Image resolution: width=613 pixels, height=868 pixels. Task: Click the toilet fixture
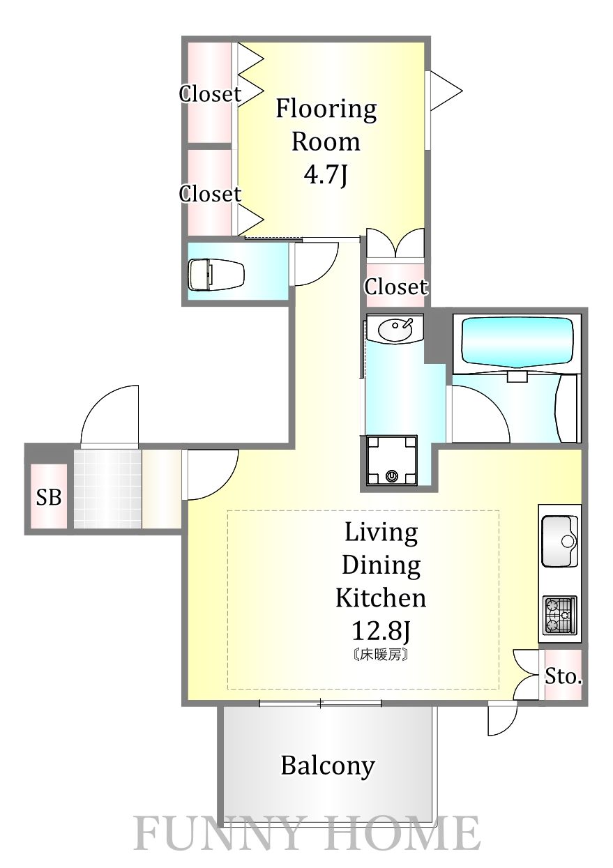216,275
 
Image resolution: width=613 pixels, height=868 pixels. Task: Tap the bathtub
517,343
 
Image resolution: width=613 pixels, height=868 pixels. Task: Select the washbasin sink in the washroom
395,330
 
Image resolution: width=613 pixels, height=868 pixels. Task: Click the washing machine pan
392,460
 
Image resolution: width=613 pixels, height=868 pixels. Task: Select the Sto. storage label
563,676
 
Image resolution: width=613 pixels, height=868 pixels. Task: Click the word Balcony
328,766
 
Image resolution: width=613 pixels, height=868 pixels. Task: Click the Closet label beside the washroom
395,287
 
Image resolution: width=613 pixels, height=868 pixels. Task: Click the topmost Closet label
210,94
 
